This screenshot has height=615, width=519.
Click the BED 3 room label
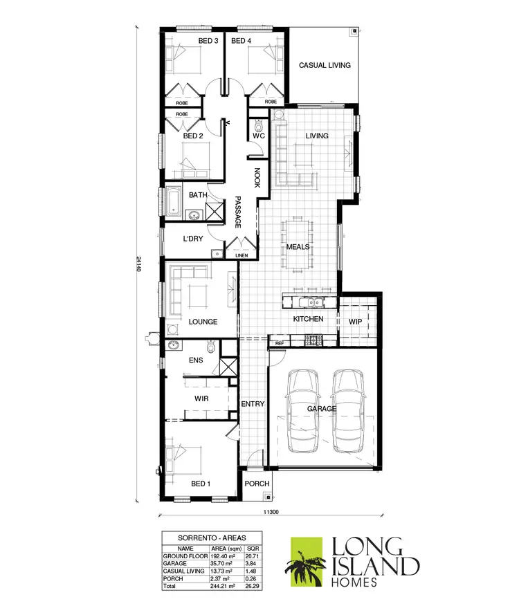tap(208, 42)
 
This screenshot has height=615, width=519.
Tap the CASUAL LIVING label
tap(325, 66)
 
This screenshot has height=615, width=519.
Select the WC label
tap(259, 136)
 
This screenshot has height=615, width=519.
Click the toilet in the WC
tap(259, 126)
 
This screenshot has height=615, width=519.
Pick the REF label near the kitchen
tap(280, 343)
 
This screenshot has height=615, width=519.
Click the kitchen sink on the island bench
tap(313, 302)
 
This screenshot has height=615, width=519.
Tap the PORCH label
tap(255, 483)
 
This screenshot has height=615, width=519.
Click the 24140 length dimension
tap(139, 263)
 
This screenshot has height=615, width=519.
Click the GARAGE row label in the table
tap(175, 563)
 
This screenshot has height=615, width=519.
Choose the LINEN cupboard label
tap(240, 255)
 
